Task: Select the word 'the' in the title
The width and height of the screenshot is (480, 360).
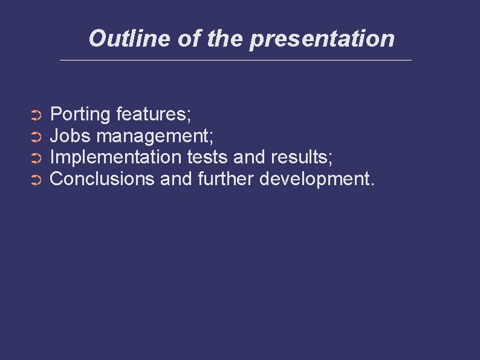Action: click(x=225, y=39)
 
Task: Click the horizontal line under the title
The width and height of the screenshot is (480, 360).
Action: click(x=236, y=60)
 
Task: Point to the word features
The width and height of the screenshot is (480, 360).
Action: click(x=154, y=114)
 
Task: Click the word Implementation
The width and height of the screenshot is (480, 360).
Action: click(x=115, y=158)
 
